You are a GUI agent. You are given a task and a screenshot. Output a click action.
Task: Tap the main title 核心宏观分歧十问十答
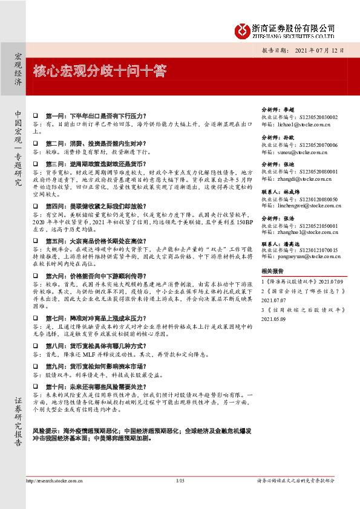pos(100,71)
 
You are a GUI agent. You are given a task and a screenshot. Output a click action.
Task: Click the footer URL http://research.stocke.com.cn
pos(55,481)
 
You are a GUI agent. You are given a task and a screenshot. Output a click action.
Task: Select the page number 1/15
pos(180,481)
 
